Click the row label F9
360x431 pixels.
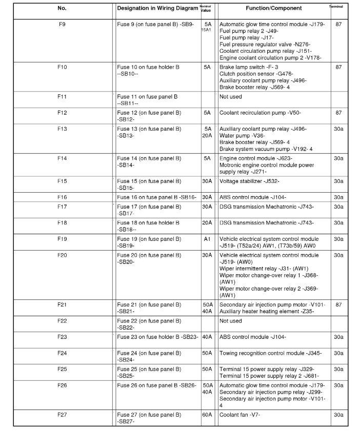coord(62,24)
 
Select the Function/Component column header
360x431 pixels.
coord(273,8)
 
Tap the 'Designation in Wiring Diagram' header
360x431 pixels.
coord(157,8)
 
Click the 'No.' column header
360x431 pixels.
coord(62,8)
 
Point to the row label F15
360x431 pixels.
coord(62,181)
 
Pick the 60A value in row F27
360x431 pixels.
coord(207,415)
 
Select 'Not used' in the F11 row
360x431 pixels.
coord(230,96)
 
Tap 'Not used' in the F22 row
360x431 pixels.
coord(230,321)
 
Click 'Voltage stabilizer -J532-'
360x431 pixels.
coord(249,181)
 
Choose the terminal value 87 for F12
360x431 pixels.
coord(338,112)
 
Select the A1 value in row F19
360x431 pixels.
coord(207,239)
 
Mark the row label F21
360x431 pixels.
coord(62,304)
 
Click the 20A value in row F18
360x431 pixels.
coord(207,223)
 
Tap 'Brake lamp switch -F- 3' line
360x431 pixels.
coord(249,67)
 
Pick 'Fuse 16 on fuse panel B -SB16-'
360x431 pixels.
coord(157,197)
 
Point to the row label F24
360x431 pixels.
coord(62,353)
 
